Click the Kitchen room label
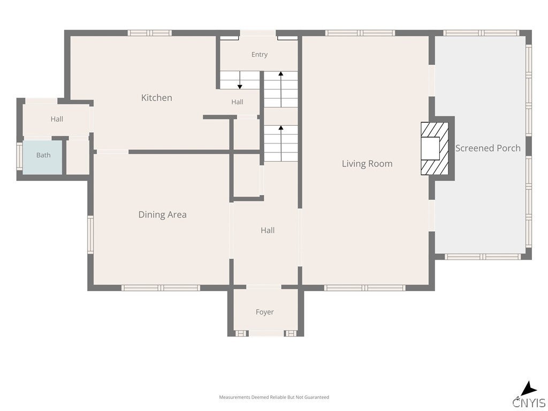pos(157,97)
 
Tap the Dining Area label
pos(163,215)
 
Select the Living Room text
pos(367,164)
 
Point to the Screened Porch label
pos(488,148)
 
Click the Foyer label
pos(264,312)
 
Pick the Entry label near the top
pos(260,55)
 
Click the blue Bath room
pos(43,157)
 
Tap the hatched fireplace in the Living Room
pos(435,149)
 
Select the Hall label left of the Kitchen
pos(57,119)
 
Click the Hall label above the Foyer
pos(268,230)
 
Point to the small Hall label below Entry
pos(237,102)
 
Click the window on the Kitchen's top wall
pos(150,33)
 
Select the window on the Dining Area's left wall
pos(90,234)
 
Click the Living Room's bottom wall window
pos(365,288)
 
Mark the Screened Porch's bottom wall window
pos(483,256)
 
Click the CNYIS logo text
pos(529,402)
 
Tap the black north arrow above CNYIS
pos(528,389)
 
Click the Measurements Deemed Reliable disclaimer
pos(274,397)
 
